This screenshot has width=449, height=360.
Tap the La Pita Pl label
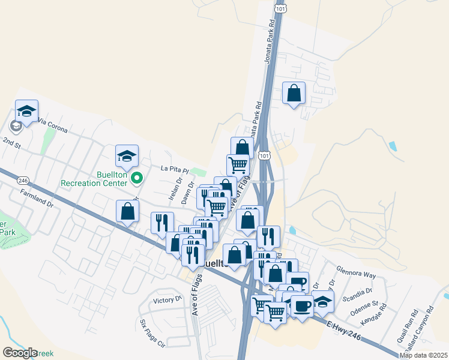175,170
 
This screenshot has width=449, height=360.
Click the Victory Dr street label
167,300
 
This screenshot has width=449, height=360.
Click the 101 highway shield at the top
280,9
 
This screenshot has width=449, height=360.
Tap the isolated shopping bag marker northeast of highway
294,94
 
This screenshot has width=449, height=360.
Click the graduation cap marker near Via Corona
26,111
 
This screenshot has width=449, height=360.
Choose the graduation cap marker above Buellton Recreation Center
127,157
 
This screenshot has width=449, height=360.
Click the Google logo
20,353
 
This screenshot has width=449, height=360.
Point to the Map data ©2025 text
423,355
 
